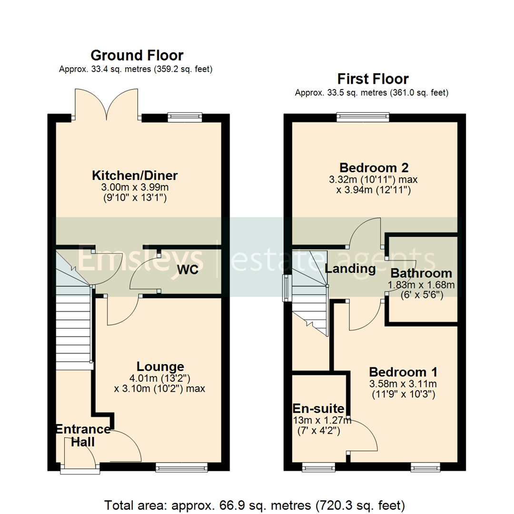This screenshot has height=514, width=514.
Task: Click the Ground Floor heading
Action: click(137, 56)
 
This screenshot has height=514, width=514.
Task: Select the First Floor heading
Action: click(373, 79)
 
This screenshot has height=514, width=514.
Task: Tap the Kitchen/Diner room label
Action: click(135, 176)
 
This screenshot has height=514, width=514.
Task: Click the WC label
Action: click(188, 270)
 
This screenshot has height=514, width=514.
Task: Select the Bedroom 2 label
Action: click(374, 168)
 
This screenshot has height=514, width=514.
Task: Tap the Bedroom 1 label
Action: click(404, 372)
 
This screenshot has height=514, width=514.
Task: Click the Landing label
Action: click(350, 269)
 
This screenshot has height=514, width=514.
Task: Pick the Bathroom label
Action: click(421, 273)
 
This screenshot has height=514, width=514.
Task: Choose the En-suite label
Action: click(318, 408)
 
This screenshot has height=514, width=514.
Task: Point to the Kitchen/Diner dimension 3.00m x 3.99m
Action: click(135, 187)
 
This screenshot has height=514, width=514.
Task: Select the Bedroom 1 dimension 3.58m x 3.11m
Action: click(404, 384)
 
